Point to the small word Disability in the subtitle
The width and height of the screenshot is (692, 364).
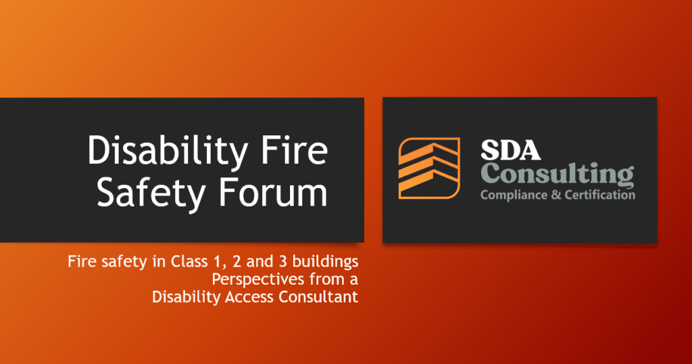(x=180, y=296)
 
